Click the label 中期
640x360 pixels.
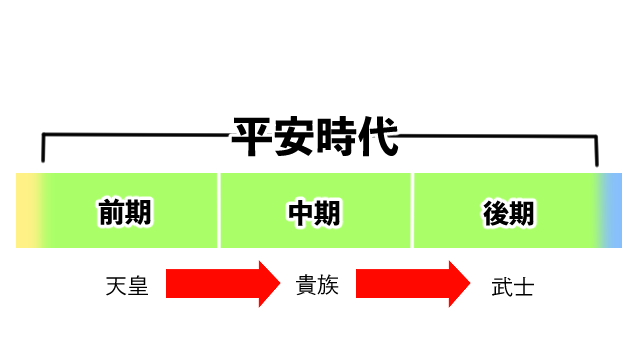[x=314, y=212]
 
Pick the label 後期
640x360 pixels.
[x=507, y=212]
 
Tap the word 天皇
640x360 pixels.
[x=126, y=286]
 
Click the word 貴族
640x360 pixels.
[x=317, y=286]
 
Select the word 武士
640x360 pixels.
[x=512, y=287]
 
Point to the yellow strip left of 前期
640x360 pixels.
[x=28, y=210]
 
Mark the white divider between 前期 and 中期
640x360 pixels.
[x=219, y=210]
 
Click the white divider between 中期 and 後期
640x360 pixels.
[x=412, y=210]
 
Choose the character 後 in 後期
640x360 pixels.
[x=494, y=212]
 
